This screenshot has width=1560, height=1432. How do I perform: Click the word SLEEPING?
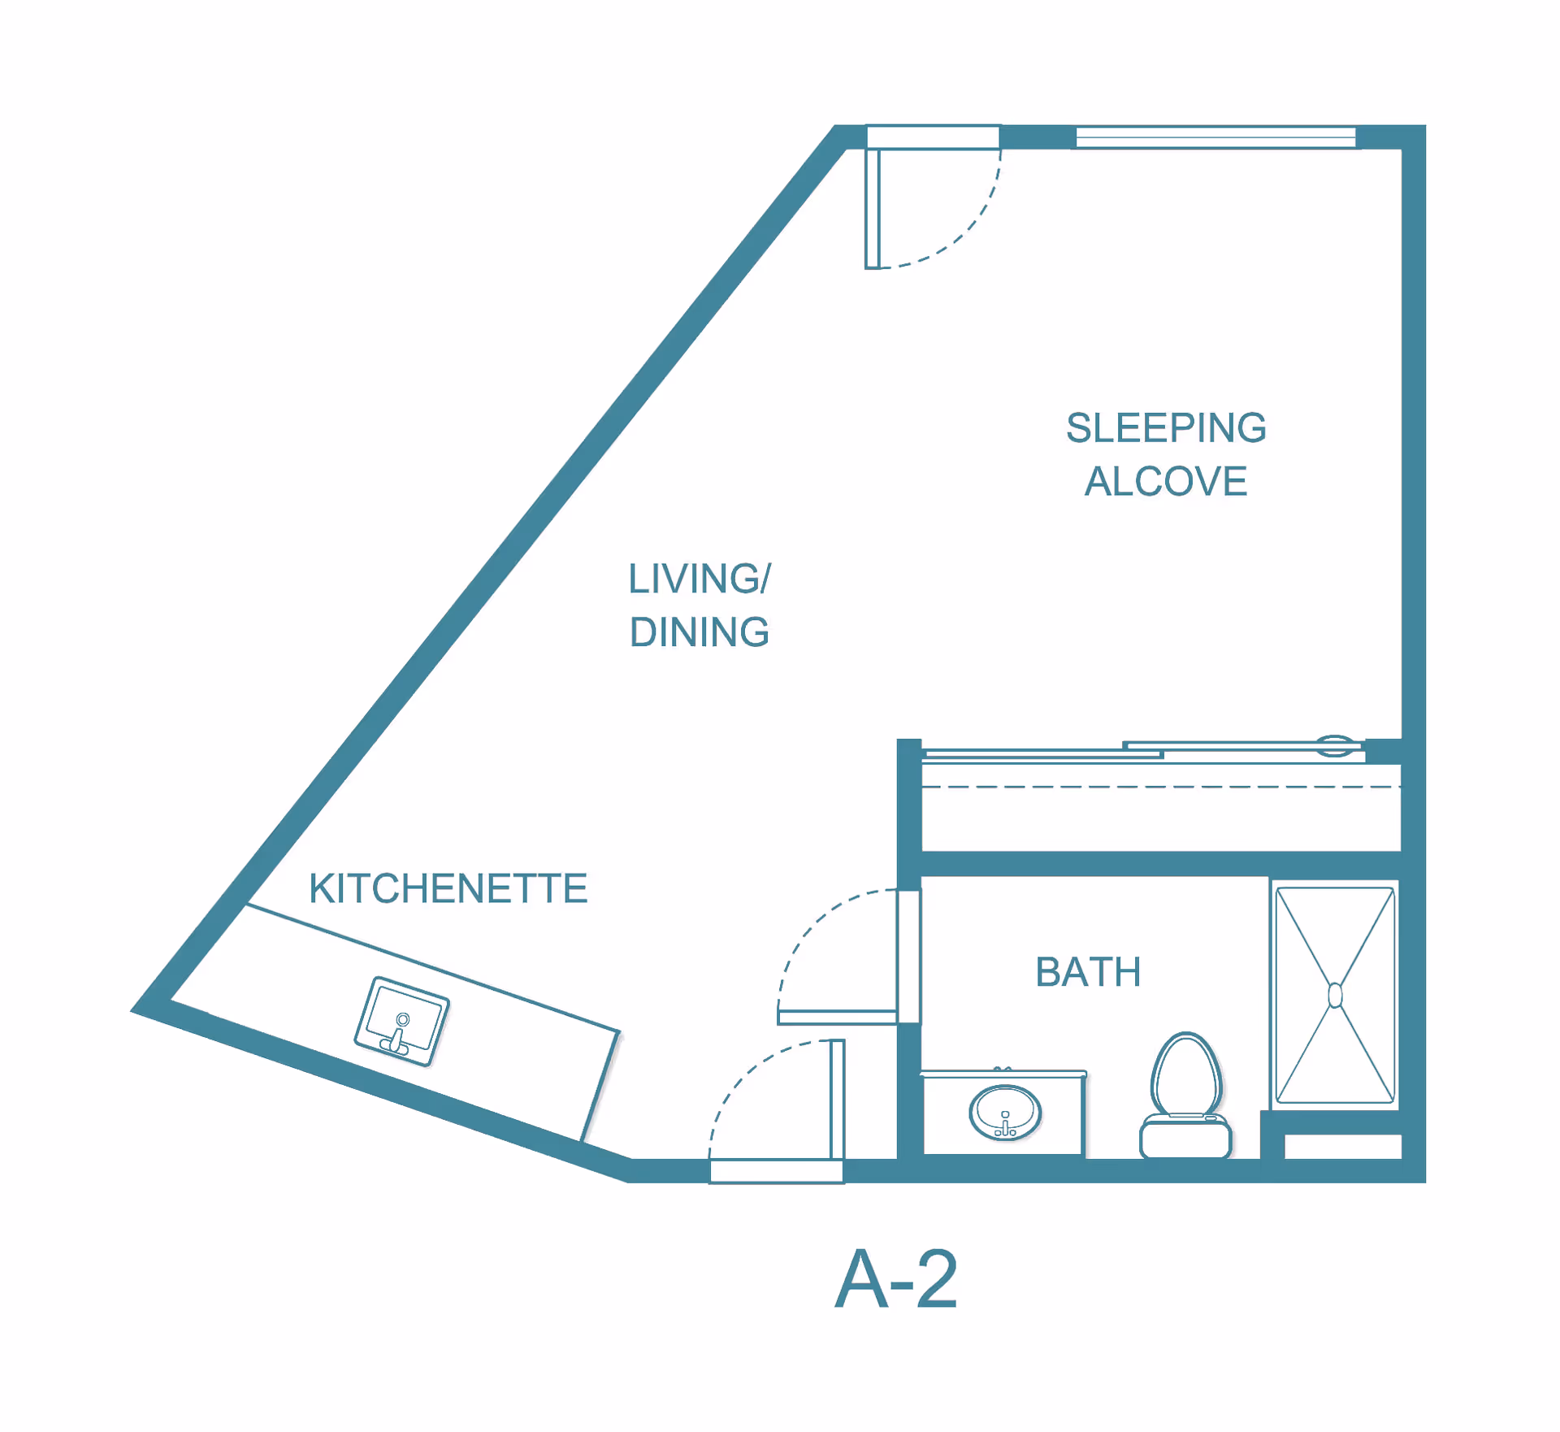(x=1166, y=428)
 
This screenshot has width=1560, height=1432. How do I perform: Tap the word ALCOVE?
(x=1166, y=481)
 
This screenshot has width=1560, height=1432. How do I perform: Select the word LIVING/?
(x=700, y=579)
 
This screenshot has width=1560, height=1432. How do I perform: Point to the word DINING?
(x=700, y=632)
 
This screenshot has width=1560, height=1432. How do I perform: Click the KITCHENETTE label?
(x=448, y=888)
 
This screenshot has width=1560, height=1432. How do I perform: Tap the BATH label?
(x=1088, y=972)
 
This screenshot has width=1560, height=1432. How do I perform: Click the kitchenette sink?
(x=401, y=1021)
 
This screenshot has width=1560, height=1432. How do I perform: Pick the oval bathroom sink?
(x=1005, y=1113)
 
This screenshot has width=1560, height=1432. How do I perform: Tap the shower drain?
(x=1335, y=996)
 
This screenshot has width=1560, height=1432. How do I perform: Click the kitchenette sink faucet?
(x=398, y=1036)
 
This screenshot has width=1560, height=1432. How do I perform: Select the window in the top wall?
(x=1215, y=138)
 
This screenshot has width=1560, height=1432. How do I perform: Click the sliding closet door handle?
(x=1335, y=745)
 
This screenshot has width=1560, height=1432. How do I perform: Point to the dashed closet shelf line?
(x=1162, y=787)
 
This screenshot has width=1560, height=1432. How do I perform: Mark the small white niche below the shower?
(x=1342, y=1146)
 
